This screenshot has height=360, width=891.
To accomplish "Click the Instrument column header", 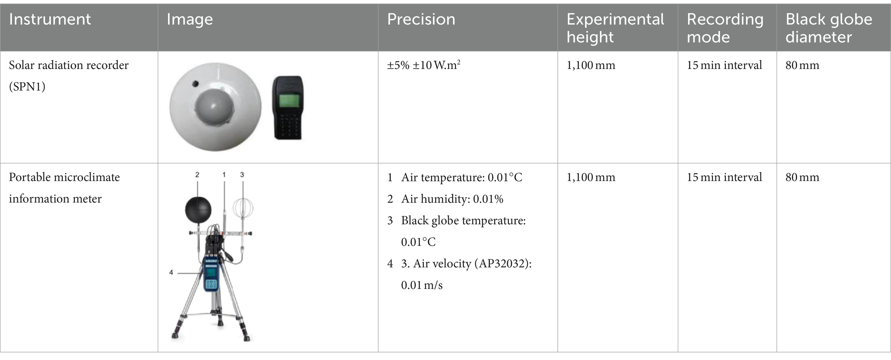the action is (50, 19).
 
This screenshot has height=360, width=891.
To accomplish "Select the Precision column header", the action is (421, 19).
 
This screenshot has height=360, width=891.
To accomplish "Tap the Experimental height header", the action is (615, 28).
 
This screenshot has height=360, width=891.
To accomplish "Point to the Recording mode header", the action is (725, 28).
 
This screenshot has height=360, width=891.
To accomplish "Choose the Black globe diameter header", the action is (829, 28).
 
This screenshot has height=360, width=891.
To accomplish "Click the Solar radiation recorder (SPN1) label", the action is (69, 76).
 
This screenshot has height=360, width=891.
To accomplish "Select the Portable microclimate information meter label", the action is (64, 188).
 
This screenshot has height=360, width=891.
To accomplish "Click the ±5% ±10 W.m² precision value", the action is (424, 65).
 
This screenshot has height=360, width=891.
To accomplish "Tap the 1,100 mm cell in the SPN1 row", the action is (591, 65).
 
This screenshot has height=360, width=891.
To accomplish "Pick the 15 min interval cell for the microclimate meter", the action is (724, 177).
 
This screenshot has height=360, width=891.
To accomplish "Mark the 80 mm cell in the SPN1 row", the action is (802, 65).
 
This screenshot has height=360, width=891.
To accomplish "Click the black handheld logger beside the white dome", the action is (288, 108).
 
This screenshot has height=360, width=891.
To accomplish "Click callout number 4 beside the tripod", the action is (171, 273).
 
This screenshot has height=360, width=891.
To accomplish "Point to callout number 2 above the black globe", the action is (197, 174).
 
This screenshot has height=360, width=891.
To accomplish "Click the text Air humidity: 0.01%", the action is (452, 199).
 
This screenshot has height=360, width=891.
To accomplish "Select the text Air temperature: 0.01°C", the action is (461, 177).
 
